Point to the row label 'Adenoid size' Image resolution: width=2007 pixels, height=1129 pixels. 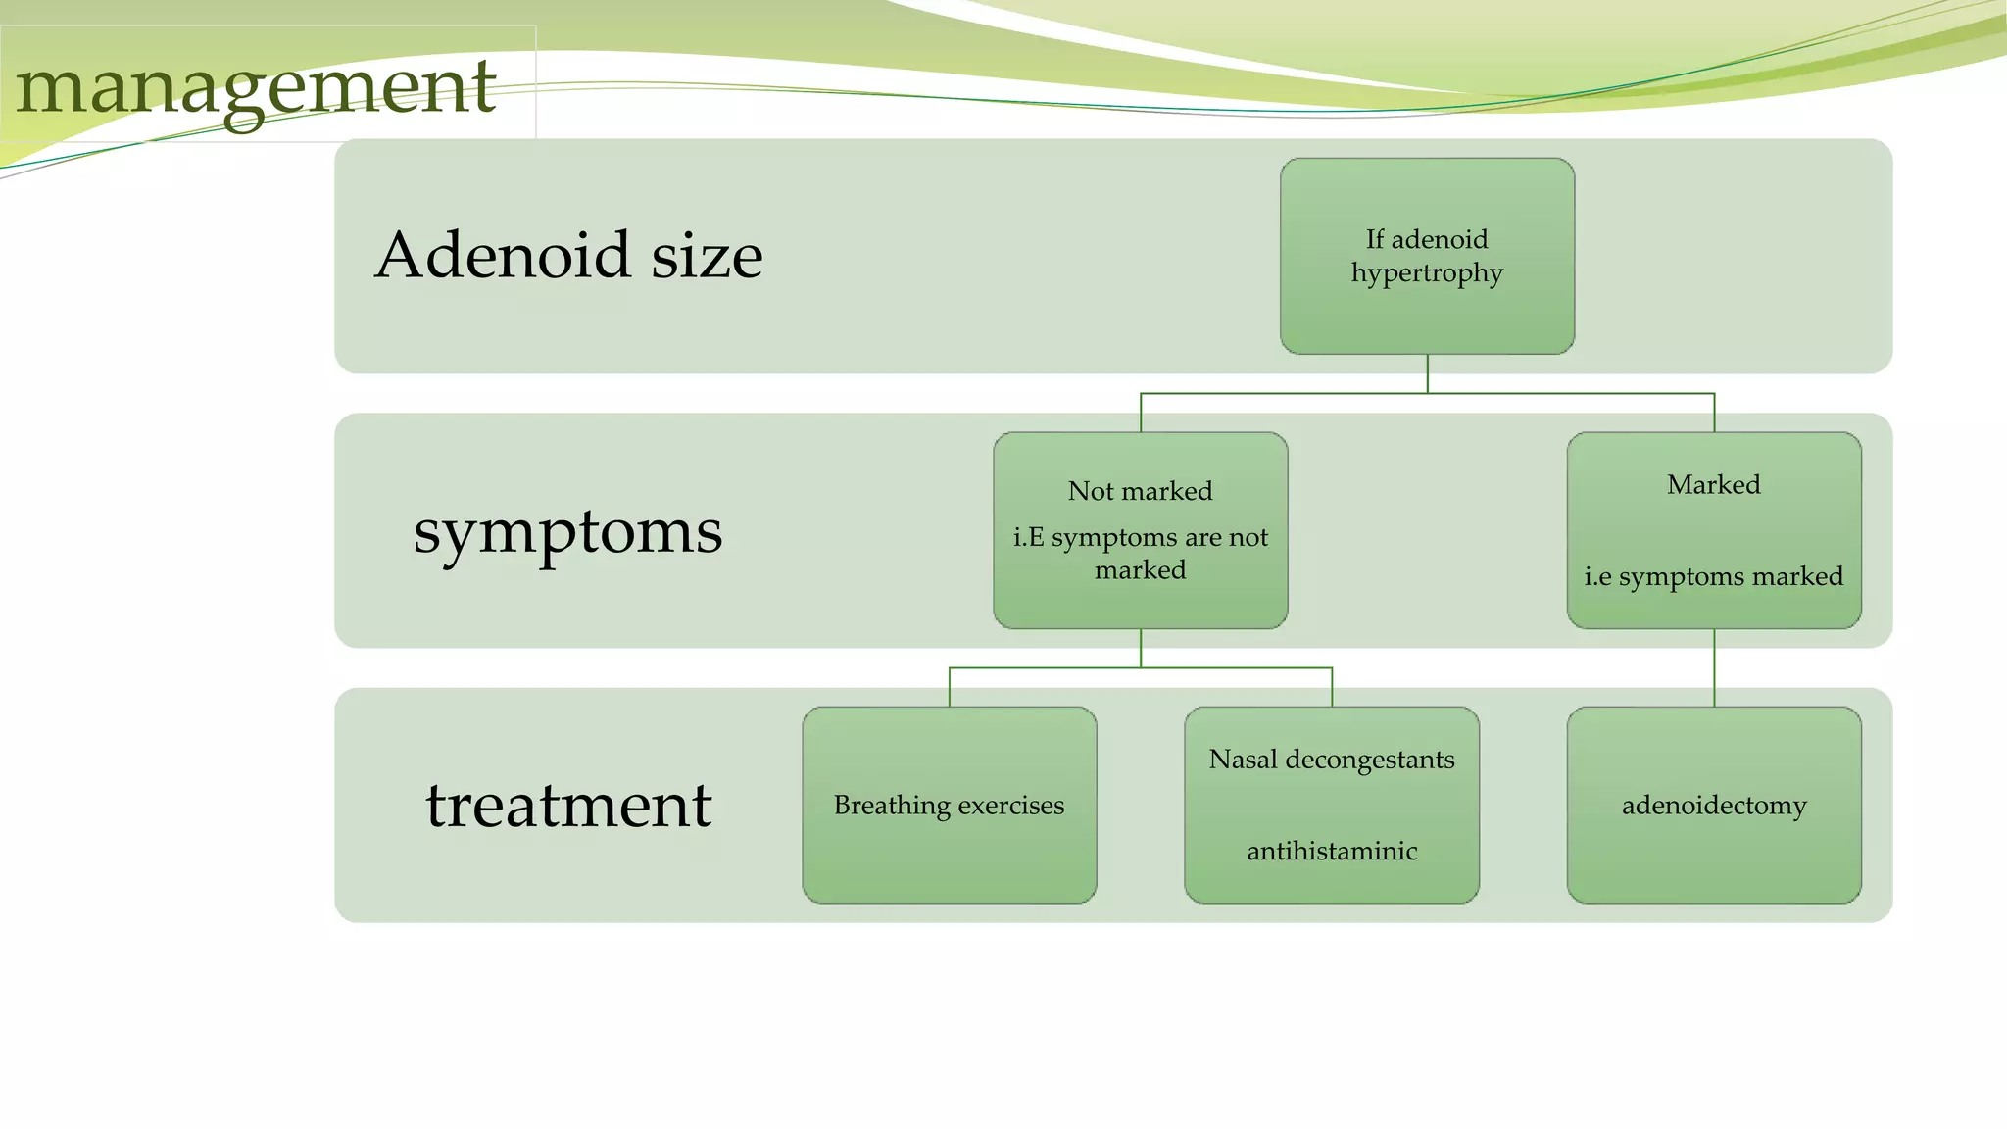tap(568, 255)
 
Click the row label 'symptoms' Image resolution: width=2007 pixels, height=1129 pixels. tap(567, 532)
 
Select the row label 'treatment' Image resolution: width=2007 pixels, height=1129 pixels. tap(568, 805)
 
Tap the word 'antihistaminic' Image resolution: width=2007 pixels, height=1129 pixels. tap(1332, 851)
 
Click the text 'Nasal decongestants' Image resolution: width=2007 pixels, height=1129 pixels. tap(1332, 760)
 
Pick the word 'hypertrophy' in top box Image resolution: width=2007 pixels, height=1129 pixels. tap(1427, 273)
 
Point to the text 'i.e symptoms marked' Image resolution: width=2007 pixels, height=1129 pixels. tap(1713, 576)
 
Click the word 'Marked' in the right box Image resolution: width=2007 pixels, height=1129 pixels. tap(1713, 485)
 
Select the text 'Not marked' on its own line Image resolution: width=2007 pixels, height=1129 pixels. tap(1140, 491)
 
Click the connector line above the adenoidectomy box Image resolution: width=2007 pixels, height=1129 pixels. tap(1714, 667)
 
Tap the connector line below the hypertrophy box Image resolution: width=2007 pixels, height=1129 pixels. tap(1428, 373)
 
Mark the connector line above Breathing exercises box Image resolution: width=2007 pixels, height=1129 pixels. tap(950, 687)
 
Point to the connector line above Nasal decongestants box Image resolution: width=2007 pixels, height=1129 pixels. tap(1332, 687)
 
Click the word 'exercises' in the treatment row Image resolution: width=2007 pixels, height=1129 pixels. tap(1011, 806)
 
